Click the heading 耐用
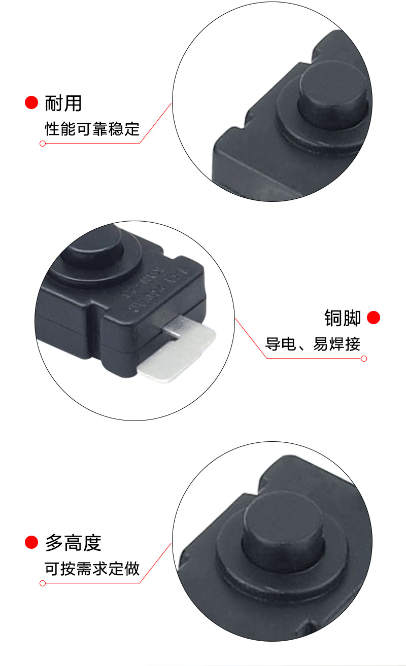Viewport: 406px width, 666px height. [x=63, y=103]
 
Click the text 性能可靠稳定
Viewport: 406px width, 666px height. [x=92, y=129]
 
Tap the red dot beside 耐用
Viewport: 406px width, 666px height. [x=31, y=102]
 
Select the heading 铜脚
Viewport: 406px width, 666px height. [x=343, y=318]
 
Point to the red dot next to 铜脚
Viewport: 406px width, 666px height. [x=374, y=318]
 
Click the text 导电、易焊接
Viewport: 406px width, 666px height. [x=313, y=344]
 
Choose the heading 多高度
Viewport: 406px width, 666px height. [x=74, y=543]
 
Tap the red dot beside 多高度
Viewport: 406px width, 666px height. [x=31, y=543]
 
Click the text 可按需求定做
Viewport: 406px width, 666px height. [x=92, y=569]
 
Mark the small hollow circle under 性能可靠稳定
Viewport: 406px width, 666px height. [x=43, y=144]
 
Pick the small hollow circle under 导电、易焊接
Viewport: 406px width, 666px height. [x=363, y=359]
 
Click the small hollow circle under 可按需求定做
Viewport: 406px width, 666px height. [x=43, y=583]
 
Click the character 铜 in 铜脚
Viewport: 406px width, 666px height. [x=333, y=318]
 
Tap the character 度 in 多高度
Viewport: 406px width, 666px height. [x=92, y=543]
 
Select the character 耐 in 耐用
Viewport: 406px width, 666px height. [x=54, y=103]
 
